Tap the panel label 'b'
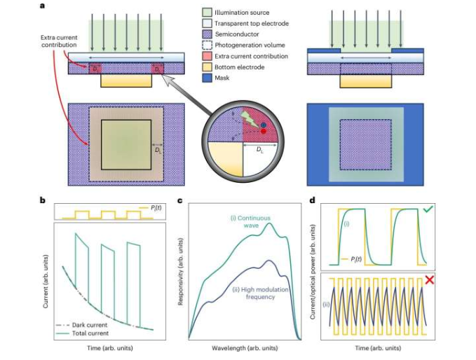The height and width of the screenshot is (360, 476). tap(44, 200)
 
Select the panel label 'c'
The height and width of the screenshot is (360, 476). tap(180, 200)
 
